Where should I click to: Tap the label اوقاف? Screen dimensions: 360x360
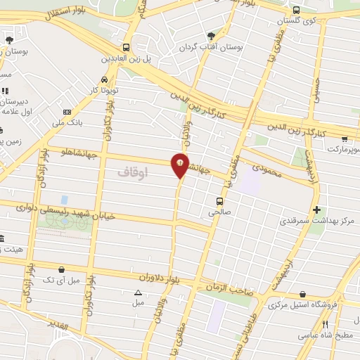134,171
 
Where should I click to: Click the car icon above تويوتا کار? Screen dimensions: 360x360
104,79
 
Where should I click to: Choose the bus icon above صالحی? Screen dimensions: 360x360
219,199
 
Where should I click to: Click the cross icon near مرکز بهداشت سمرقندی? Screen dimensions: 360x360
316,210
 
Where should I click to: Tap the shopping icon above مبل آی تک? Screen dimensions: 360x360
61,269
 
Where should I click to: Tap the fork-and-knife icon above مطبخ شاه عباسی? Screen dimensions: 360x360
325,324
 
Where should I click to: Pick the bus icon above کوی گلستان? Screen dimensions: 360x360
296,10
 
